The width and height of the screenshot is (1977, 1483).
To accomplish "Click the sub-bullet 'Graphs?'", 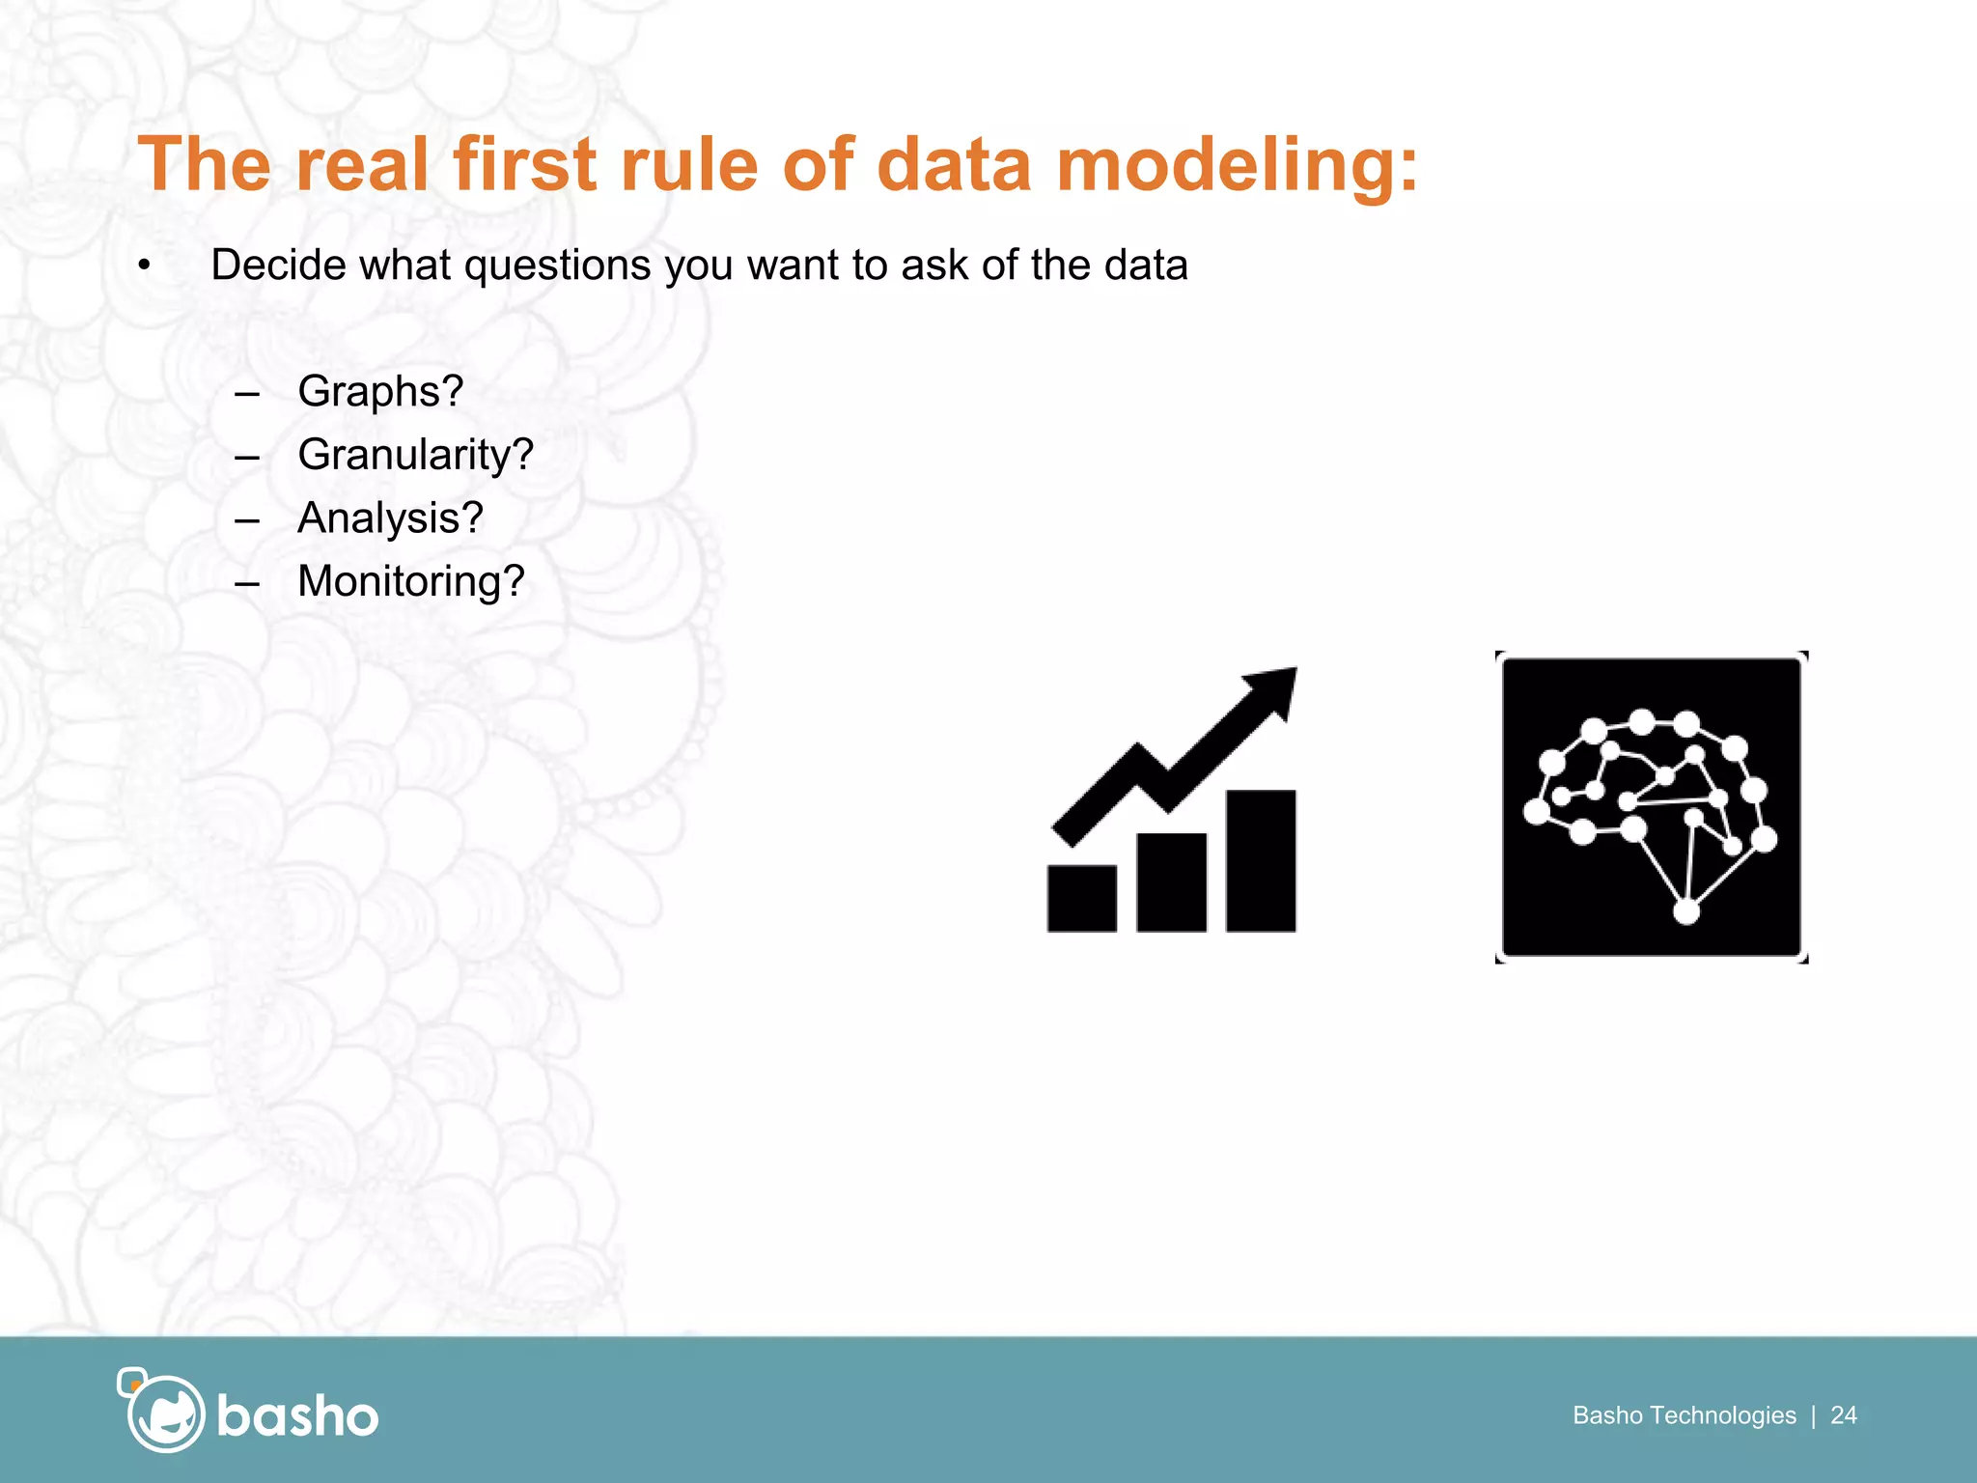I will pyautogui.click(x=380, y=392).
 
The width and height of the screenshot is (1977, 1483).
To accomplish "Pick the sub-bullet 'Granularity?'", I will pyautogui.click(x=415, y=455).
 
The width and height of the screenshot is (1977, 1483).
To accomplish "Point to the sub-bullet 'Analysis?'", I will pyautogui.click(x=390, y=518).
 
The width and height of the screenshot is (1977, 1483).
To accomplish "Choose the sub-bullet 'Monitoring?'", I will pyautogui.click(x=410, y=581).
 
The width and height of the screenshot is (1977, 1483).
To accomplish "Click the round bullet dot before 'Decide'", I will pyautogui.click(x=144, y=266).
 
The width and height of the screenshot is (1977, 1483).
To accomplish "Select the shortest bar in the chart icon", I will pyautogui.click(x=1081, y=898).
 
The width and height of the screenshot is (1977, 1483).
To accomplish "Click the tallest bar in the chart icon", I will pyautogui.click(x=1261, y=860).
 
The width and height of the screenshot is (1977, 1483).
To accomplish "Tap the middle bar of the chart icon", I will pyautogui.click(x=1171, y=881).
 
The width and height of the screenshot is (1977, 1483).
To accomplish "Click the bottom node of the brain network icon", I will pyautogui.click(x=1685, y=910).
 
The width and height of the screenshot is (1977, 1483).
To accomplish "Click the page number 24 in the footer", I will pyautogui.click(x=1843, y=1415).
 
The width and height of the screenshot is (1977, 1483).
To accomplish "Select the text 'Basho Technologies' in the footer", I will pyautogui.click(x=1684, y=1415).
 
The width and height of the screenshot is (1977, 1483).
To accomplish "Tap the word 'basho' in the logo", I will pyautogui.click(x=297, y=1416).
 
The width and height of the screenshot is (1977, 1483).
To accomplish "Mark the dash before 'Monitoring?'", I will pyautogui.click(x=247, y=583).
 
